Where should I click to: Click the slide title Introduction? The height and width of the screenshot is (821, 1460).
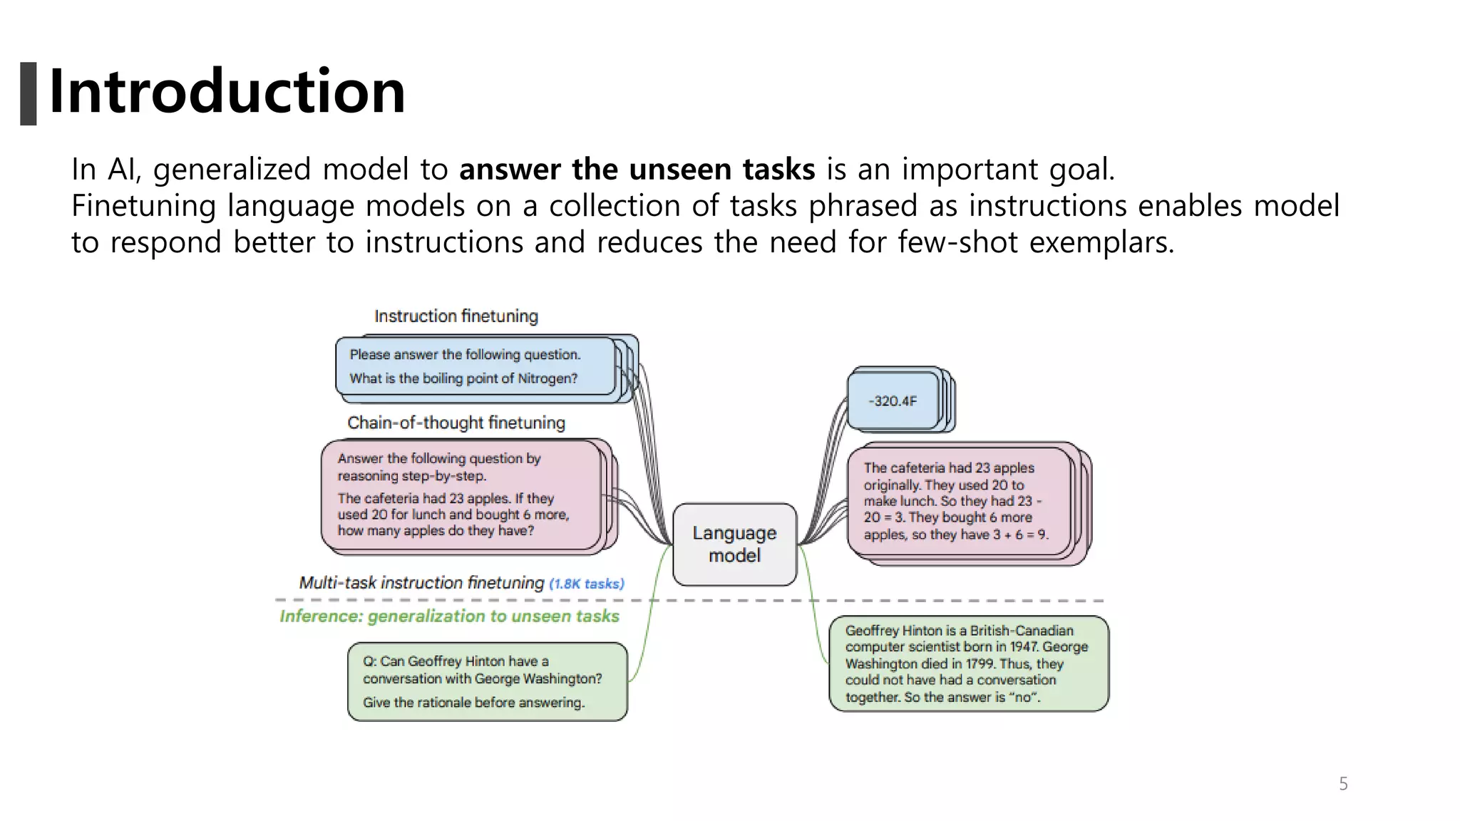(x=227, y=91)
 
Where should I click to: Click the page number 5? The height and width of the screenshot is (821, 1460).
(x=1343, y=784)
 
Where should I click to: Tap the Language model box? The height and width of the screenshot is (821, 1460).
(x=734, y=544)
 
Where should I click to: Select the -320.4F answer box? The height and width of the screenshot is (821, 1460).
(x=893, y=401)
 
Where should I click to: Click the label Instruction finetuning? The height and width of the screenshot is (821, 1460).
(x=456, y=316)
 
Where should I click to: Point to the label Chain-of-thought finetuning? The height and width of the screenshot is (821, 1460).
(x=456, y=423)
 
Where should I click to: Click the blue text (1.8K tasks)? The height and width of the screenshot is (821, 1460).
(x=587, y=584)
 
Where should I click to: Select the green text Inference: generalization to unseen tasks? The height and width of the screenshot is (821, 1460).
(x=449, y=616)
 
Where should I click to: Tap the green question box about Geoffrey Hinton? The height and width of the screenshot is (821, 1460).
(x=488, y=681)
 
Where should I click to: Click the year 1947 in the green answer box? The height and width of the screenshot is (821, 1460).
(x=1024, y=647)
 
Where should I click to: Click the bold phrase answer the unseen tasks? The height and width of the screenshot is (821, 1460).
(x=637, y=170)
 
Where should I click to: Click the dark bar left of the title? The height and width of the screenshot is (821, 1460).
(x=29, y=93)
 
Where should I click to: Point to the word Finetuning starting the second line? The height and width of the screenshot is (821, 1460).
(x=143, y=206)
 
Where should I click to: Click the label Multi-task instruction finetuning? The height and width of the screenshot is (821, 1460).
(x=421, y=583)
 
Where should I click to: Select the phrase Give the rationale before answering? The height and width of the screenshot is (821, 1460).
(x=473, y=703)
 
